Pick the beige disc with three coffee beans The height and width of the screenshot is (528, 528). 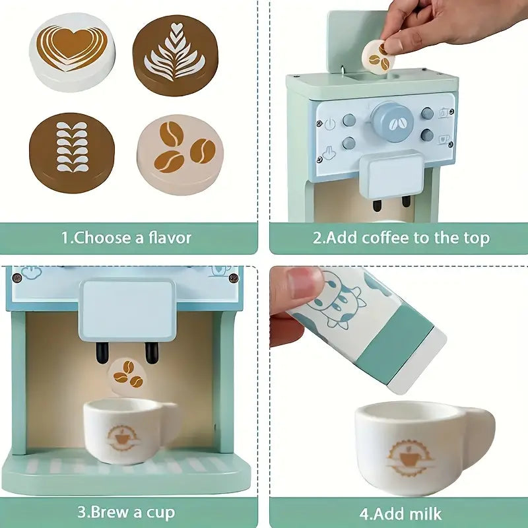point(180,154)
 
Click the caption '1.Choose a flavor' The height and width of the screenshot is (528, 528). point(126,238)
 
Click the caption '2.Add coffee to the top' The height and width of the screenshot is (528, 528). point(401,238)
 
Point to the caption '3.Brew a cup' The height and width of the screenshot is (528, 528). point(126,512)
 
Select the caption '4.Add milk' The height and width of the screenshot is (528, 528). point(401,513)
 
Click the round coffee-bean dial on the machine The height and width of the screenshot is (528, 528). point(392,121)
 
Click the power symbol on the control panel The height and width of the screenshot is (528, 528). point(329,123)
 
